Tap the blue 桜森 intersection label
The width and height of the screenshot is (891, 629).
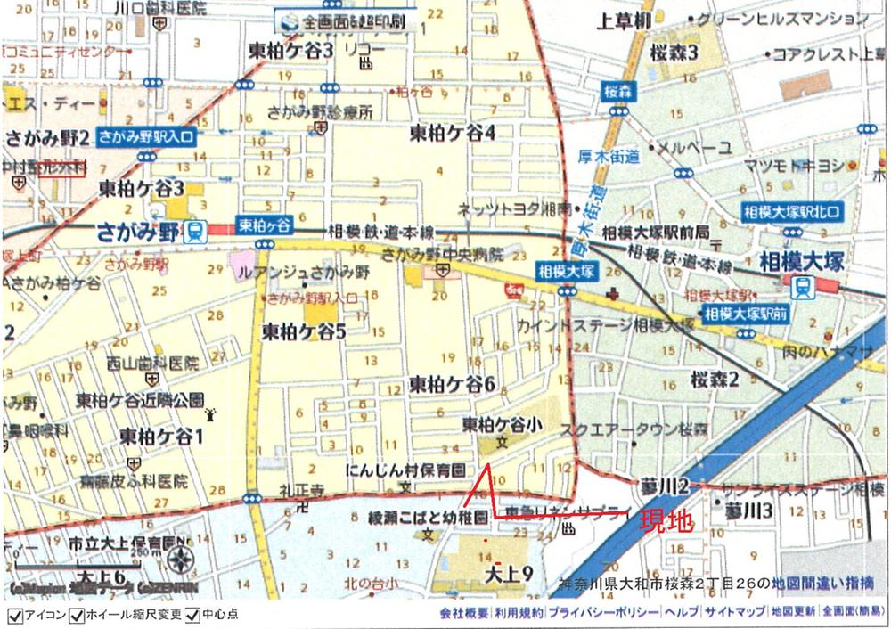click(x=617, y=91)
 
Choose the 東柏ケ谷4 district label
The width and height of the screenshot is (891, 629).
click(x=452, y=133)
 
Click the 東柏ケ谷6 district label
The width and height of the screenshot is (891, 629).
click(x=452, y=384)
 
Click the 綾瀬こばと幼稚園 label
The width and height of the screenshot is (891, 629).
click(x=429, y=517)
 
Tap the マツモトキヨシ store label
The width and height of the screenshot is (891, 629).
click(x=794, y=165)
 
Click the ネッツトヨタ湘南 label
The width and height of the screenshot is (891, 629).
click(x=504, y=208)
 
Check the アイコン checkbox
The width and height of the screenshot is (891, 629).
click(x=13, y=616)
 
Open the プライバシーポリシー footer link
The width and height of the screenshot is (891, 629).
click(x=604, y=614)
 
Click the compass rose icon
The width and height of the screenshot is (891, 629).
click(x=180, y=561)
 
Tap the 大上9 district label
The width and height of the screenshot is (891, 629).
click(x=508, y=575)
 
